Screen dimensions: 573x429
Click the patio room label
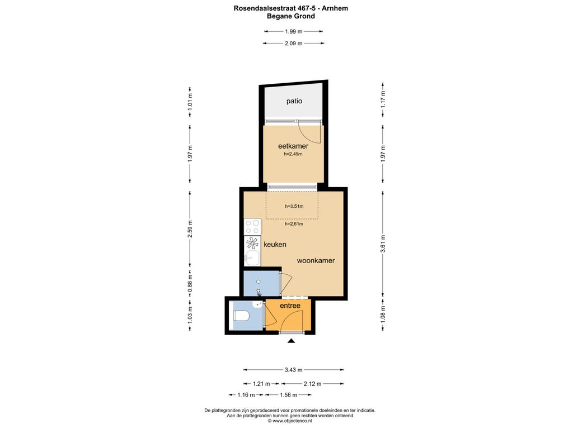pos(294,101)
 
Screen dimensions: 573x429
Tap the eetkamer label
pos(293,146)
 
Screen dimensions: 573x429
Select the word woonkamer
pos(316,260)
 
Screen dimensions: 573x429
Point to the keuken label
pos(275,245)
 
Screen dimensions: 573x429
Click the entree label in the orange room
pos(290,306)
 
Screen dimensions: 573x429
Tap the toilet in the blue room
pos(241,316)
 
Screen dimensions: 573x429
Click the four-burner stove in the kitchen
pos(252,226)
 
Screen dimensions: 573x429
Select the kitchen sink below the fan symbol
pos(252,258)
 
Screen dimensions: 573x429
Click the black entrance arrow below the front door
pos(291,341)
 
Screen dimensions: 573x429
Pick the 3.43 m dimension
pos(293,370)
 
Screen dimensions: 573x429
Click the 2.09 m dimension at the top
pos(293,43)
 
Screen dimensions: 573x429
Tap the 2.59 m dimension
pos(190,228)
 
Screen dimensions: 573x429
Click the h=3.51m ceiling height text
pos(294,206)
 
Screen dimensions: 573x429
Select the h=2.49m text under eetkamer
pos(293,154)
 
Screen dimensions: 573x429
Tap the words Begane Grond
pos(291,16)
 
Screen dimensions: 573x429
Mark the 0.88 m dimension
pos(190,283)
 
